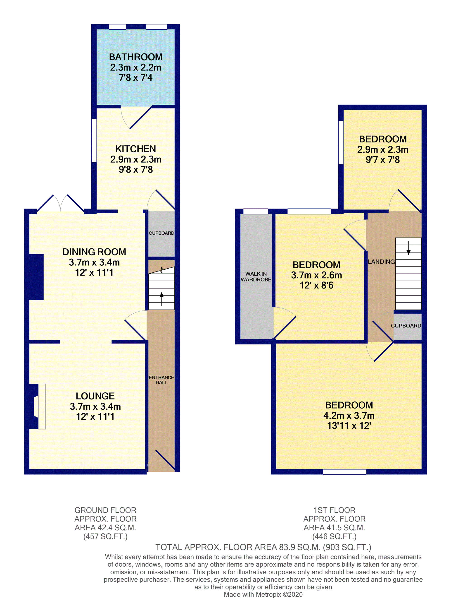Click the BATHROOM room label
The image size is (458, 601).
136,57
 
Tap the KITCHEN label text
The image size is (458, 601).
136,149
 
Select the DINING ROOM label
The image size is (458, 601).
94,252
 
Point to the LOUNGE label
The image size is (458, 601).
95,396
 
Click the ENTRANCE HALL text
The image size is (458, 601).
161,380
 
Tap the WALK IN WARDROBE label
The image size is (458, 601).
256,277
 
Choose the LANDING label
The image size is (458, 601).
381,262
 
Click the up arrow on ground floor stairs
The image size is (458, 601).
162,299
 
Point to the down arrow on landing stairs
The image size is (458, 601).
408,248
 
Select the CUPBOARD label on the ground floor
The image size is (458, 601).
161,233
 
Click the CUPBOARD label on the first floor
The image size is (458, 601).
406,326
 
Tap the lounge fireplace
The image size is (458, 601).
38,406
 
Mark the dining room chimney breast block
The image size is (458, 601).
36,277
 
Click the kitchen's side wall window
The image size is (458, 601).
94,141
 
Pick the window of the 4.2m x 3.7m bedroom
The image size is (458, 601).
345,472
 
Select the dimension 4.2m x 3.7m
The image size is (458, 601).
349,415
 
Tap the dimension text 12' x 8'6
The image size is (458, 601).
316,286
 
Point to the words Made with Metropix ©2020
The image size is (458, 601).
263,594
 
